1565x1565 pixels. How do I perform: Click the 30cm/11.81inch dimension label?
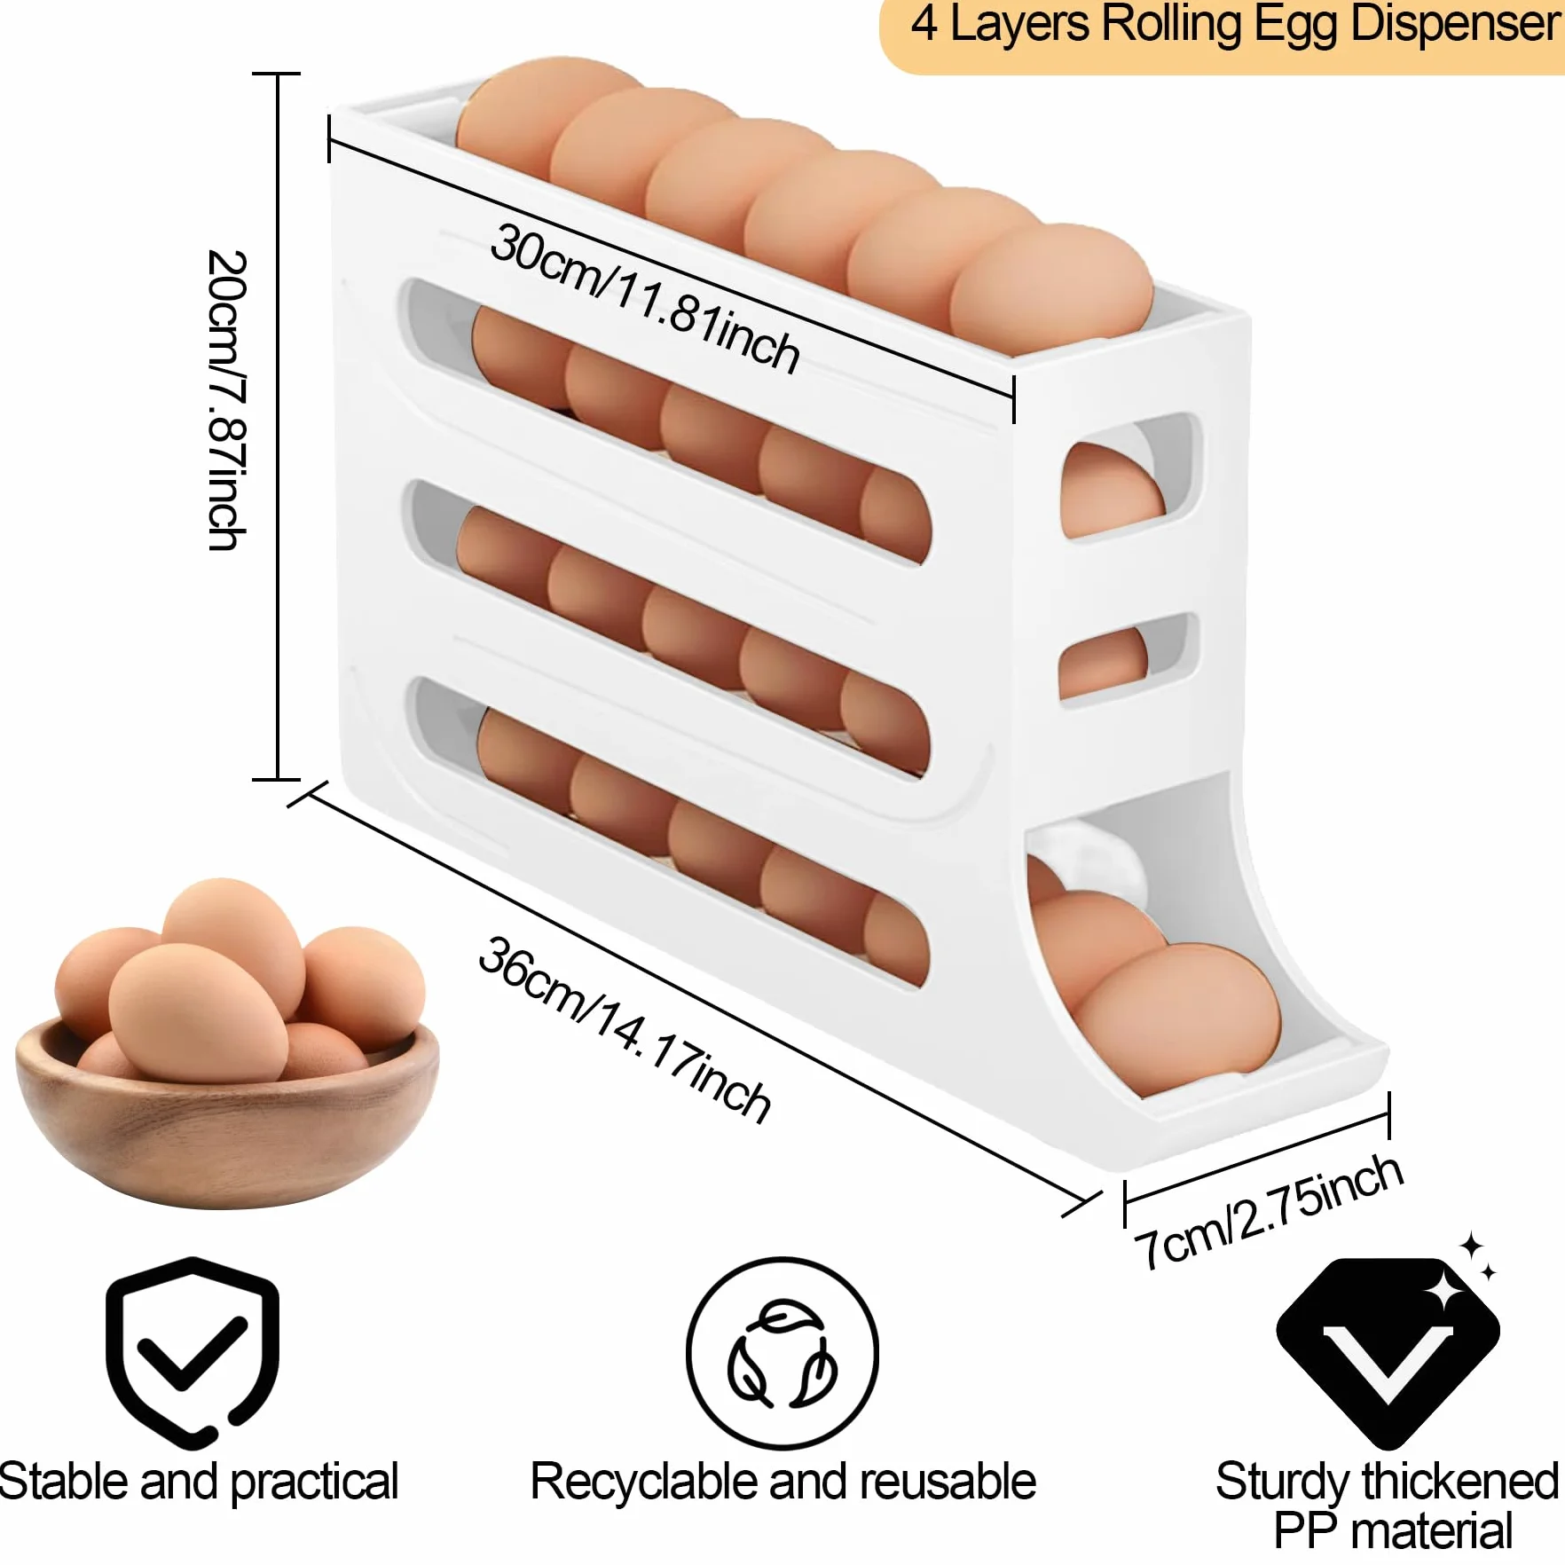click(645, 298)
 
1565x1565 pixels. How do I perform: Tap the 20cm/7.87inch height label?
click(226, 400)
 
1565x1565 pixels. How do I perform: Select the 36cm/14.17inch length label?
click(625, 1030)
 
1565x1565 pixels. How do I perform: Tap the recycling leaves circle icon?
click(782, 1354)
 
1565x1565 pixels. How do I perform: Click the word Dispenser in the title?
click(1456, 24)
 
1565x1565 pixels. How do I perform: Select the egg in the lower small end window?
click(1102, 661)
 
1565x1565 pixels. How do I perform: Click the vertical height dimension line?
click(277, 427)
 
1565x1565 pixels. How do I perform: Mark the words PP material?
click(1393, 1531)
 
